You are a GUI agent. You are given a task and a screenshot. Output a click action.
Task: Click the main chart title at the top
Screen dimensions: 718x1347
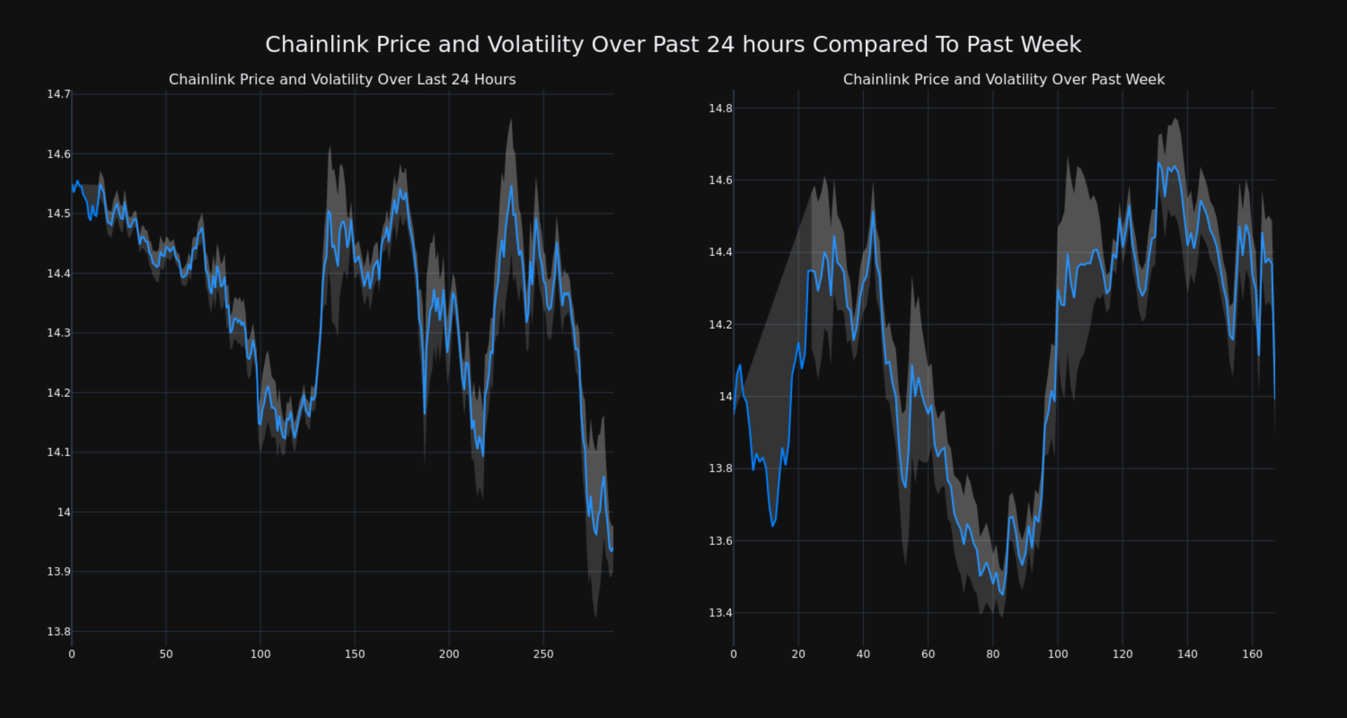click(x=673, y=45)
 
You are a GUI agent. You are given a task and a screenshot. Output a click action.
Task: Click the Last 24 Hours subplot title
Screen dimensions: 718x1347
click(x=342, y=80)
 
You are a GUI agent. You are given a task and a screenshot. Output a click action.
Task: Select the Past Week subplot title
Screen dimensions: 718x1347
click(x=1003, y=80)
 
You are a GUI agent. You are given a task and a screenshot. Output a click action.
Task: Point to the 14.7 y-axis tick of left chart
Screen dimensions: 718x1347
click(x=59, y=94)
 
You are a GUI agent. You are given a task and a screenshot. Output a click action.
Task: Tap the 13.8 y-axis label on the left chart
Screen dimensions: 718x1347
click(x=59, y=632)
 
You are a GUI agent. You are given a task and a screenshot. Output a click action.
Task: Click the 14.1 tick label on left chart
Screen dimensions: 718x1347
click(x=59, y=452)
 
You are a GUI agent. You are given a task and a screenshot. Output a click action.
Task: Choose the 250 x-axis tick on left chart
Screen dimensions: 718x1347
click(x=543, y=654)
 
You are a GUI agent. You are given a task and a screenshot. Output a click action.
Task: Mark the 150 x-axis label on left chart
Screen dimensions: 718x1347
click(x=354, y=654)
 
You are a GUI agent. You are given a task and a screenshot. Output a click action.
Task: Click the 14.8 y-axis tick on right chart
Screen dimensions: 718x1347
click(x=721, y=108)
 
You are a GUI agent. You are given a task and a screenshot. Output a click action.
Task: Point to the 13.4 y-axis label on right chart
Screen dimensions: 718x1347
click(x=721, y=613)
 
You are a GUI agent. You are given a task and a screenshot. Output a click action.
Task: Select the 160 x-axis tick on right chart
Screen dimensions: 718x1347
click(x=1252, y=654)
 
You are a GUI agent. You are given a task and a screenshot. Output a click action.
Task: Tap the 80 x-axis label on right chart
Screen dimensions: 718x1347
click(x=993, y=654)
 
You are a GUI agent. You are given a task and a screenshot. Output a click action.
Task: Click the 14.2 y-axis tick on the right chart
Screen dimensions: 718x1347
click(x=721, y=325)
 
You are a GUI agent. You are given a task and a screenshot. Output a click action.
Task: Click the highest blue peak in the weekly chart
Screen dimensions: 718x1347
click(x=1158, y=163)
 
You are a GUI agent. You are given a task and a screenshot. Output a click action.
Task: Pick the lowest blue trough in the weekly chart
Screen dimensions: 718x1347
click(x=1003, y=595)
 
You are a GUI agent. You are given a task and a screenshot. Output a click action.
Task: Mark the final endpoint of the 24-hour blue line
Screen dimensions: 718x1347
click(x=612, y=550)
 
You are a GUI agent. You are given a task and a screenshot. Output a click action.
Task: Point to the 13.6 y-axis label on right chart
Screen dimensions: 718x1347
click(x=721, y=541)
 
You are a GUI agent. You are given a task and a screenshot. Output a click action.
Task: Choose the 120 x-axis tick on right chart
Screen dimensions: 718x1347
click(x=1122, y=654)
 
